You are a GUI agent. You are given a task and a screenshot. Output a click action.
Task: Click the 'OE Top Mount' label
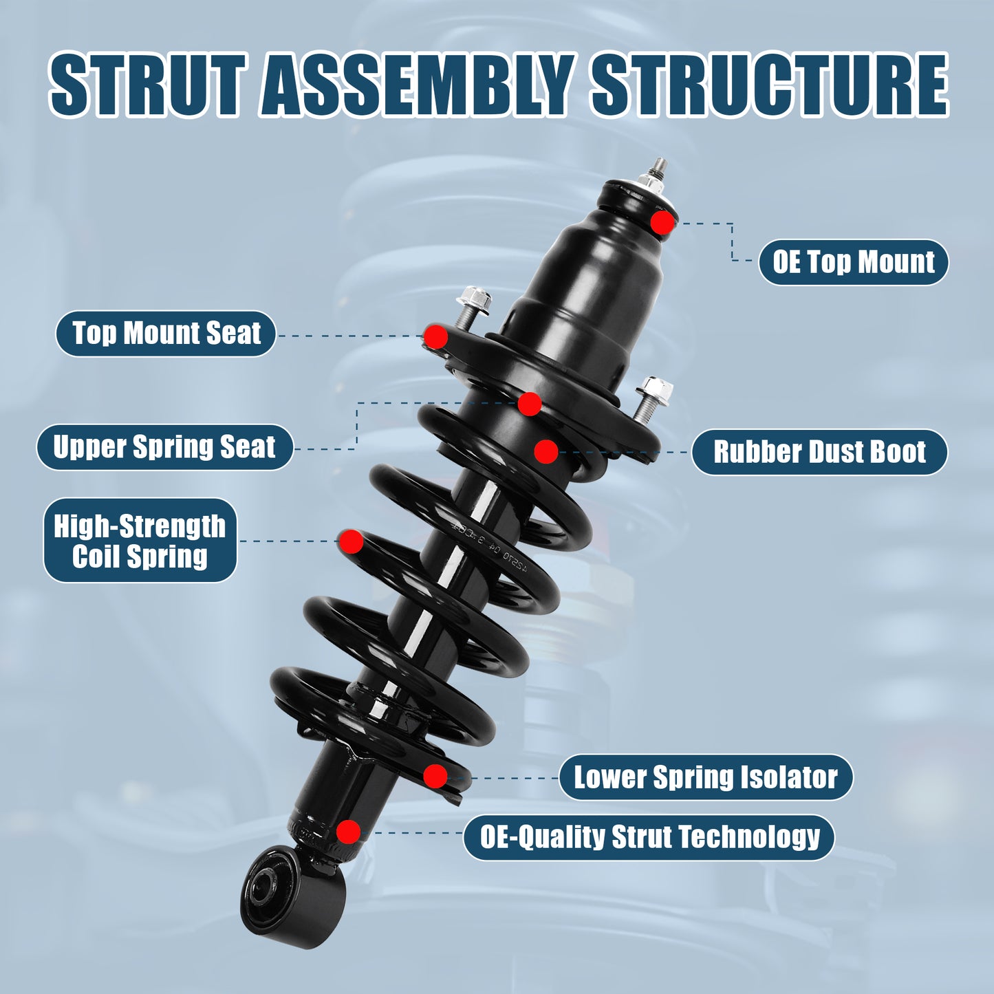pyautogui.click(x=853, y=262)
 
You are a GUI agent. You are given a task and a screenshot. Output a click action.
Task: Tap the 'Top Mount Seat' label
pyautogui.click(x=166, y=334)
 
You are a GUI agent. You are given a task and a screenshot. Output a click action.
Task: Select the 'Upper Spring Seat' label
pyautogui.click(x=165, y=447)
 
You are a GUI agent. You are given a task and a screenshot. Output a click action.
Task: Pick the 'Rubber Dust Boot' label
pyautogui.click(x=819, y=452)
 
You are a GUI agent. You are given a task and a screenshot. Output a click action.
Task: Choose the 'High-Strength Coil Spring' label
pyautogui.click(x=140, y=541)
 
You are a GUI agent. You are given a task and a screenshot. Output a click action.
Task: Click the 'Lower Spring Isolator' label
pyautogui.click(x=706, y=777)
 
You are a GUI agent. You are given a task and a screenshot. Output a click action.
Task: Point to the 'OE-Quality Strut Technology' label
pyautogui.click(x=649, y=837)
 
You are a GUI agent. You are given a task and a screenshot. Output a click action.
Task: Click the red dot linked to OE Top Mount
pyautogui.click(x=662, y=222)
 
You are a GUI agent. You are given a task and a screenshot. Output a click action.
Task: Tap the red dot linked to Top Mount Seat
pyautogui.click(x=435, y=336)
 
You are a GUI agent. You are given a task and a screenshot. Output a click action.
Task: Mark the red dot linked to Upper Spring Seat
pyautogui.click(x=529, y=404)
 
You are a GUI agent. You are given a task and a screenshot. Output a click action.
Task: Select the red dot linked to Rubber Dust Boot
pyautogui.click(x=545, y=451)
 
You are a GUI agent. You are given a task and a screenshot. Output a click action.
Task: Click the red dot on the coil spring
pyautogui.click(x=351, y=541)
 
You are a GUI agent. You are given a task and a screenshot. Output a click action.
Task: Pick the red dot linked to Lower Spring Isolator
pyautogui.click(x=435, y=777)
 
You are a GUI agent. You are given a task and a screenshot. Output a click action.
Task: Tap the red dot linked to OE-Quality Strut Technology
pyautogui.click(x=349, y=832)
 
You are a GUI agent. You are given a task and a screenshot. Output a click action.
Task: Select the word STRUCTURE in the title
pyautogui.click(x=770, y=85)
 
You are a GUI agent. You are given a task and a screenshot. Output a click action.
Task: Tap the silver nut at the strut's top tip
pyautogui.click(x=650, y=182)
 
